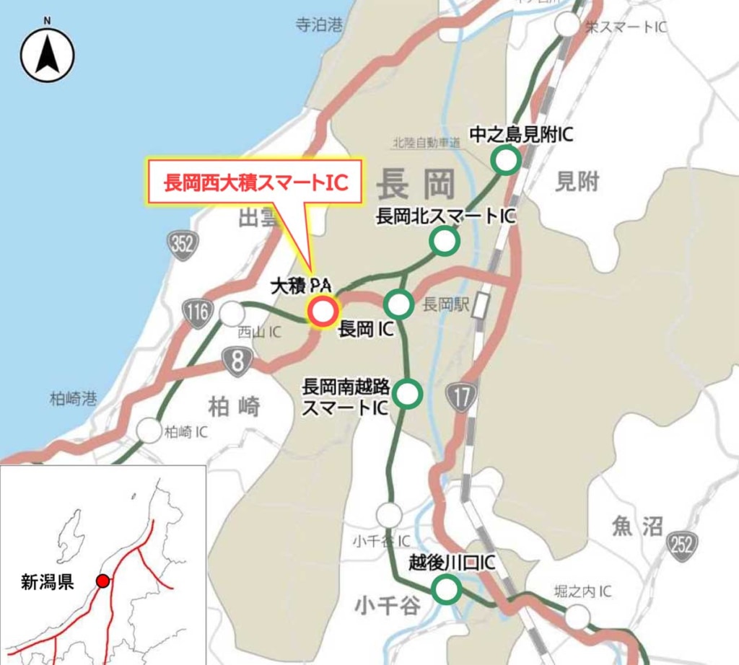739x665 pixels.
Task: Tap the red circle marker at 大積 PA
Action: (x=322, y=312)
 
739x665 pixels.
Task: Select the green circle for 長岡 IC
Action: (x=398, y=304)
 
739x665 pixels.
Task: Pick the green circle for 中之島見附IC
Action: (x=506, y=160)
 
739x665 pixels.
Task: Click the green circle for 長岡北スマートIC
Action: (x=445, y=241)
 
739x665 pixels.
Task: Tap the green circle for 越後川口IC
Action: (x=447, y=589)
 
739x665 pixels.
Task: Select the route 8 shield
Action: (x=237, y=361)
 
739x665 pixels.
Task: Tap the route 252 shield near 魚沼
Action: (x=682, y=542)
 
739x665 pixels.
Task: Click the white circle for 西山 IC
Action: (x=232, y=314)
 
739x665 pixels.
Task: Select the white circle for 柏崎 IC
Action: (x=149, y=431)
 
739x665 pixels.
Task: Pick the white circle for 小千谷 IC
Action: (x=389, y=515)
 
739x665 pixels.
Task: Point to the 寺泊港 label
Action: (x=318, y=25)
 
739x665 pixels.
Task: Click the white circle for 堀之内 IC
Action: (x=577, y=617)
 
